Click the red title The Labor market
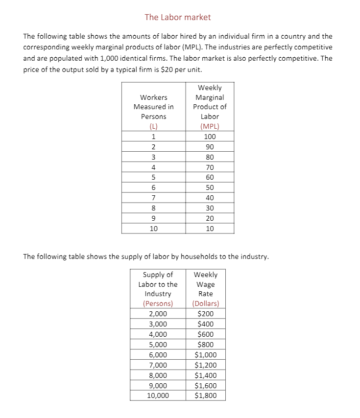[x=178, y=17]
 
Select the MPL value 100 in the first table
[x=210, y=137]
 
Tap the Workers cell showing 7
[x=153, y=198]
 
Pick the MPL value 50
[x=210, y=187]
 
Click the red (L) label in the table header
[x=153, y=126]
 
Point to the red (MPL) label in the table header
[x=210, y=126]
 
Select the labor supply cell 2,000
[x=157, y=314]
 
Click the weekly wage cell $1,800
[x=205, y=395]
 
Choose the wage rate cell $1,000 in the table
[x=205, y=355]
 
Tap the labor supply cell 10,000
[x=157, y=395]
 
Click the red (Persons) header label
[x=158, y=303]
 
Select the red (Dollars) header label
[x=205, y=303]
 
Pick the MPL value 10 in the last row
[x=210, y=229]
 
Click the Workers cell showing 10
[x=153, y=229]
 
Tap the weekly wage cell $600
[x=205, y=334]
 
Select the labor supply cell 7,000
[x=157, y=365]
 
